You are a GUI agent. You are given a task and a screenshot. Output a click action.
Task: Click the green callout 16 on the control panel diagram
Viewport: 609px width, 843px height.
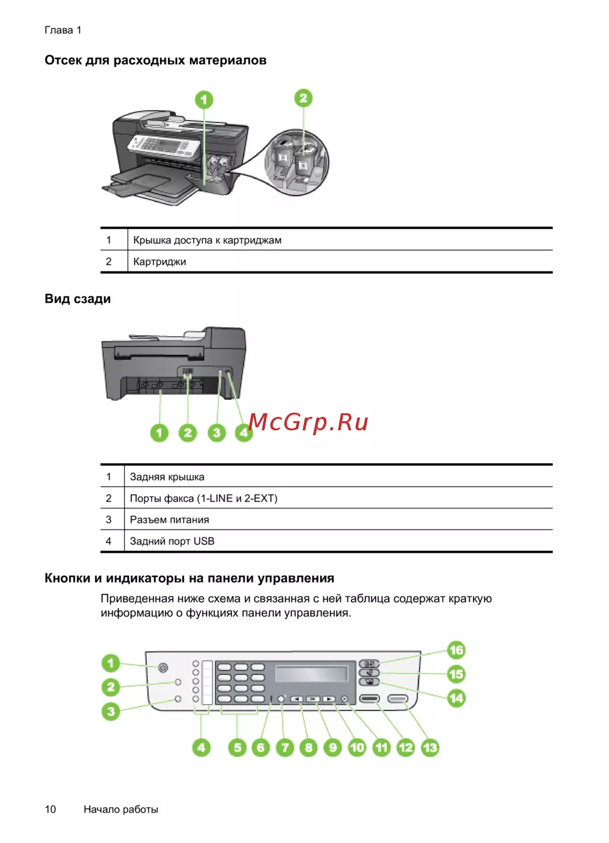point(456,650)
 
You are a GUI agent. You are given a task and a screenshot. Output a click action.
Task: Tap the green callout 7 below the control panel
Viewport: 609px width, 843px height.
point(285,748)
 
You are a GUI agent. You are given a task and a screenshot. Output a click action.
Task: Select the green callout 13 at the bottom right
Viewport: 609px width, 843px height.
point(430,748)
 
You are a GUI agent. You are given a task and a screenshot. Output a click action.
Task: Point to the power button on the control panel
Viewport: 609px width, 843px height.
point(163,668)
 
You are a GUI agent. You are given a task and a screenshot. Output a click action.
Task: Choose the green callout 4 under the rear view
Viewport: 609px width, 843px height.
point(244,433)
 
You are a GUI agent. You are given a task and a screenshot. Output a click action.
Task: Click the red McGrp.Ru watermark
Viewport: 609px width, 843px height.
point(308,422)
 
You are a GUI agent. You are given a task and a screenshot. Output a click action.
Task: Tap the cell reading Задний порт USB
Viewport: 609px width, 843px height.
point(172,541)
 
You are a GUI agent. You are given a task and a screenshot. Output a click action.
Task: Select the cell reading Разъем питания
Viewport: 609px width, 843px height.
point(169,520)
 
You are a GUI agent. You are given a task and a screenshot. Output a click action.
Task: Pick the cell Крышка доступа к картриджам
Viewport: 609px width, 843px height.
point(207,240)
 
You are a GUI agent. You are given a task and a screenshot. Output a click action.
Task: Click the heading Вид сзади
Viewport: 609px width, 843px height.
point(77,299)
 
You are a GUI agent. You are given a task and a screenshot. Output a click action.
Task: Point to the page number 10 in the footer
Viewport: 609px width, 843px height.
point(51,810)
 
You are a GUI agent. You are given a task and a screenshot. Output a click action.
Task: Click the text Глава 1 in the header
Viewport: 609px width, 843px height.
point(63,30)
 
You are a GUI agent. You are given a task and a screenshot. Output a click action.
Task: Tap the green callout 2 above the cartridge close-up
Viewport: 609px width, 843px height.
point(303,98)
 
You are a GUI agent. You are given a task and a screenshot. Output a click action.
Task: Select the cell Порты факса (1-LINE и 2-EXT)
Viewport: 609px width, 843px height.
point(204,498)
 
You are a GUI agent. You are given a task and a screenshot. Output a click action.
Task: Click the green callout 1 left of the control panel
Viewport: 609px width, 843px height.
point(111,663)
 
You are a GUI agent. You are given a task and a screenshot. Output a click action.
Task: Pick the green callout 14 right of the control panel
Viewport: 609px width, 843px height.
point(456,699)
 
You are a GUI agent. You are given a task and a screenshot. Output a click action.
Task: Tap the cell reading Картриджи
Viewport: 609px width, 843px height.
point(160,262)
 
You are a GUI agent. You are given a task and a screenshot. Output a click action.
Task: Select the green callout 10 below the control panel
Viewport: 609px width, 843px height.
point(357,748)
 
